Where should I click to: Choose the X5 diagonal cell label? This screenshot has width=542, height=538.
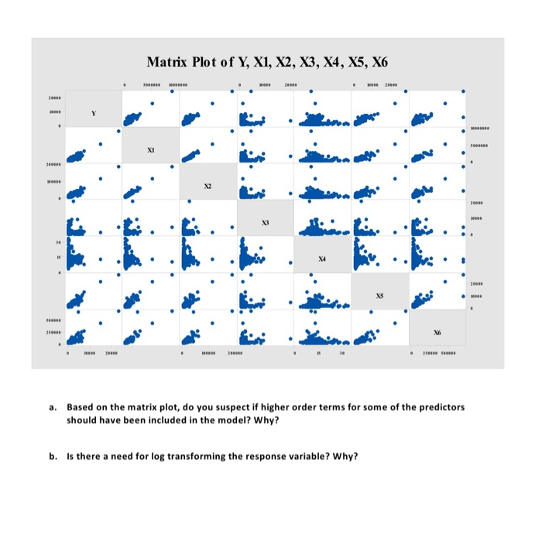(380, 296)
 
